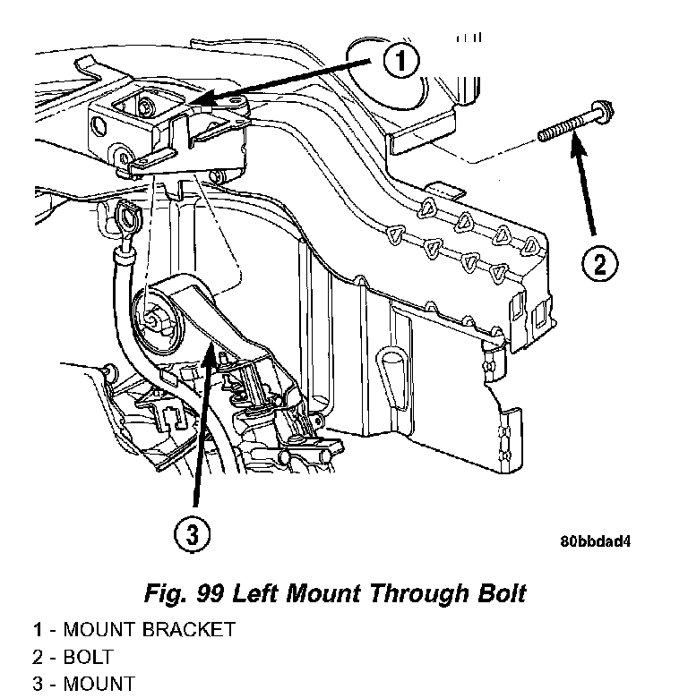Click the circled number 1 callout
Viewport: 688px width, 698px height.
pos(400,62)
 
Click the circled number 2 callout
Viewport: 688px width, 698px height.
pos(600,263)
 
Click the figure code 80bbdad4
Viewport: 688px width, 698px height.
pos(597,542)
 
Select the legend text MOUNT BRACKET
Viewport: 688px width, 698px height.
pos(149,629)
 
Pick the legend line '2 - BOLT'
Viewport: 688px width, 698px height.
pos(73,657)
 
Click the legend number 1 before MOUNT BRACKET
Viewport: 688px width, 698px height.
pos(38,629)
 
